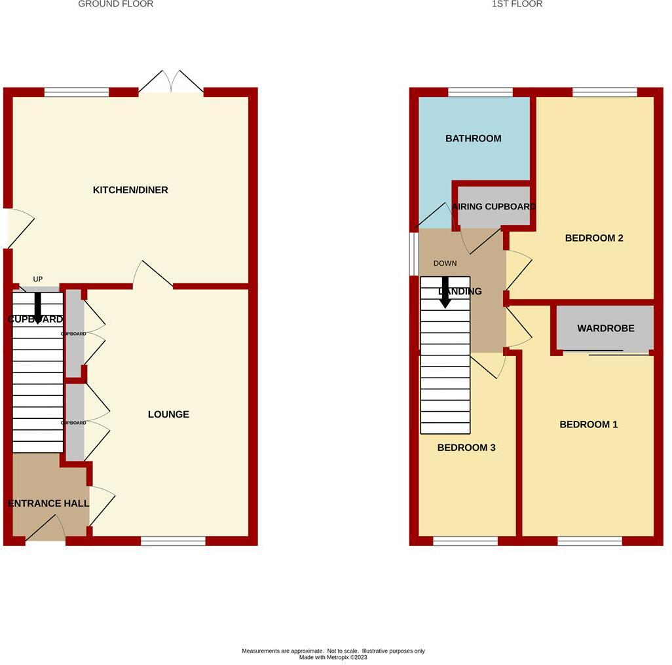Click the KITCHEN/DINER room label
pos(130,190)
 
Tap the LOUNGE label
pos(168,414)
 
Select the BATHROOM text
pos(473,138)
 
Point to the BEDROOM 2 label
pos(593,238)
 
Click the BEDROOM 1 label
pos(588,424)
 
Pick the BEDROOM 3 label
pos(466,448)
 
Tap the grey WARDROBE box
pos(605,329)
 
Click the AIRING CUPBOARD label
pos(494,207)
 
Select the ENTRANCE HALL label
pos(48,503)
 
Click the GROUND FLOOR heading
pos(115,4)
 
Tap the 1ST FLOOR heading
pos(517,4)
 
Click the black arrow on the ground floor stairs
pos(38,308)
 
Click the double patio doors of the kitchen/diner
pos(171,82)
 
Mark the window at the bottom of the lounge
pos(173,541)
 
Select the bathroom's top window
pos(479,92)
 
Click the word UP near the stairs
pos(38,279)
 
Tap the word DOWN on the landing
pos(445,263)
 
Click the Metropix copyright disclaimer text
pos(333,654)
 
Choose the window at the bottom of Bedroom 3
pos(465,541)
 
